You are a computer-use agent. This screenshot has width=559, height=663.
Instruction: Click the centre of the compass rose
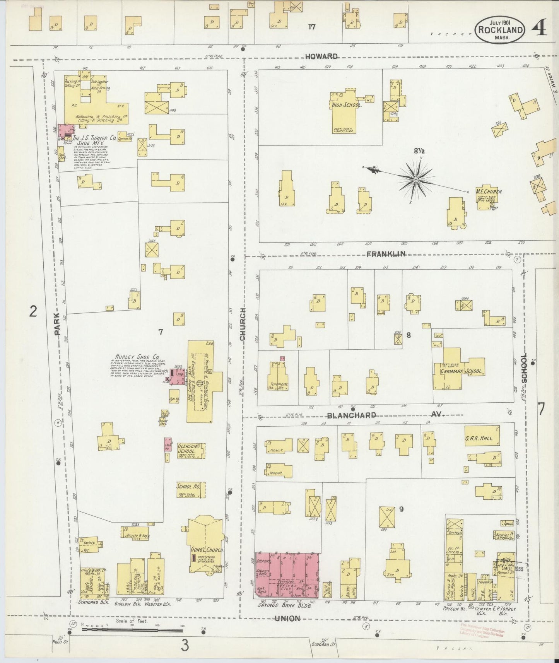415,179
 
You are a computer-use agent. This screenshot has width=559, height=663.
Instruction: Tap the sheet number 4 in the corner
539,28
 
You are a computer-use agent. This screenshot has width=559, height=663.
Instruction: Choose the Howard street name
321,56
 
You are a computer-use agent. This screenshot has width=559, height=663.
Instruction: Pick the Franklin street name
385,254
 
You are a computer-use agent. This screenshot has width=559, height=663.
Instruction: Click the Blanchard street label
351,415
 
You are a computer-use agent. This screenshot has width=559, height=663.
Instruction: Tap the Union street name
287,619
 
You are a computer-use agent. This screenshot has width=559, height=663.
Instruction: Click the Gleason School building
191,451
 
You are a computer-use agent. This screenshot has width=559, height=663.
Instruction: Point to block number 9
402,509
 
